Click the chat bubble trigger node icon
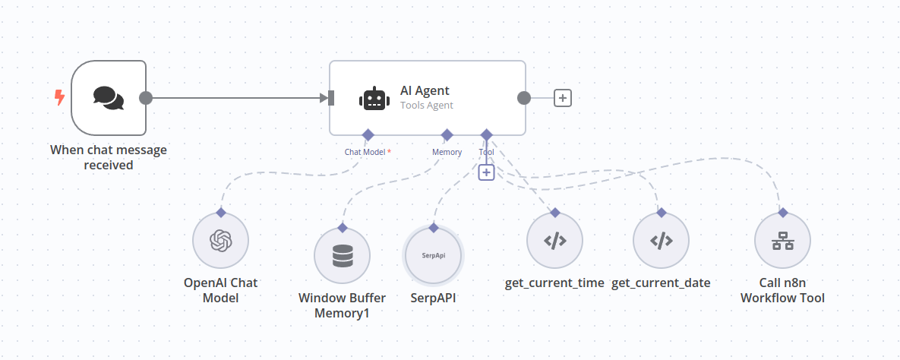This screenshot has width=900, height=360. (108, 97)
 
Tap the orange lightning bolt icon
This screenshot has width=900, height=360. (59, 97)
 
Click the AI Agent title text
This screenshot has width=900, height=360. (425, 90)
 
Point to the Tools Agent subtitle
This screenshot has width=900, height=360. (426, 106)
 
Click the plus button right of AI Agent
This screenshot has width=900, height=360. (562, 98)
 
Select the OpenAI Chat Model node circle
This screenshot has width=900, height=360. (220, 241)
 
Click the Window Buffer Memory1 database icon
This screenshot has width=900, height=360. (342, 256)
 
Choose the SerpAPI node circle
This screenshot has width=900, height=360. (433, 255)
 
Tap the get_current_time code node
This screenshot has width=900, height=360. (554, 241)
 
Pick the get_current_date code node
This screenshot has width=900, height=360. (661, 241)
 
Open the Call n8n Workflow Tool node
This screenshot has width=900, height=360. (782, 241)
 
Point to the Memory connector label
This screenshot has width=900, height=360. (447, 152)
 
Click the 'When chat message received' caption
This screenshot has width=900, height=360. (109, 157)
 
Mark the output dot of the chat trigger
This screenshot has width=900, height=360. (147, 98)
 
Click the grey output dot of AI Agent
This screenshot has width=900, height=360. (523, 98)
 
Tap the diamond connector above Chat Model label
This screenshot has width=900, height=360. (368, 134)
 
